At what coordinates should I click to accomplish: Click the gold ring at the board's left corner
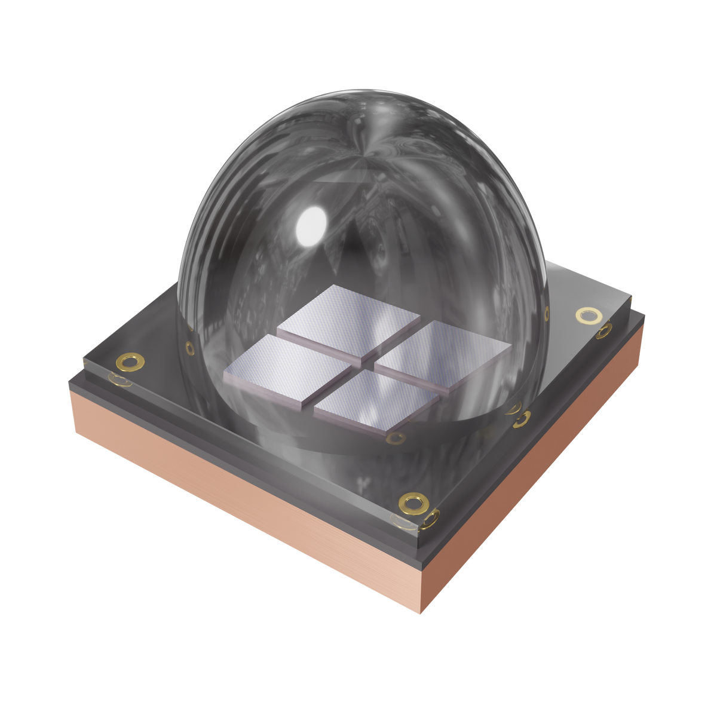pos(130,361)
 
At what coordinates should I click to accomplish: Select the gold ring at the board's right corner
pos(589,315)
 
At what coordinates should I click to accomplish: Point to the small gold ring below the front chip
pos(394,439)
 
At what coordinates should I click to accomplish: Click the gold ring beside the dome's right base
pos(521,419)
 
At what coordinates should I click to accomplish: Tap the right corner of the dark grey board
pos(632,296)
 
